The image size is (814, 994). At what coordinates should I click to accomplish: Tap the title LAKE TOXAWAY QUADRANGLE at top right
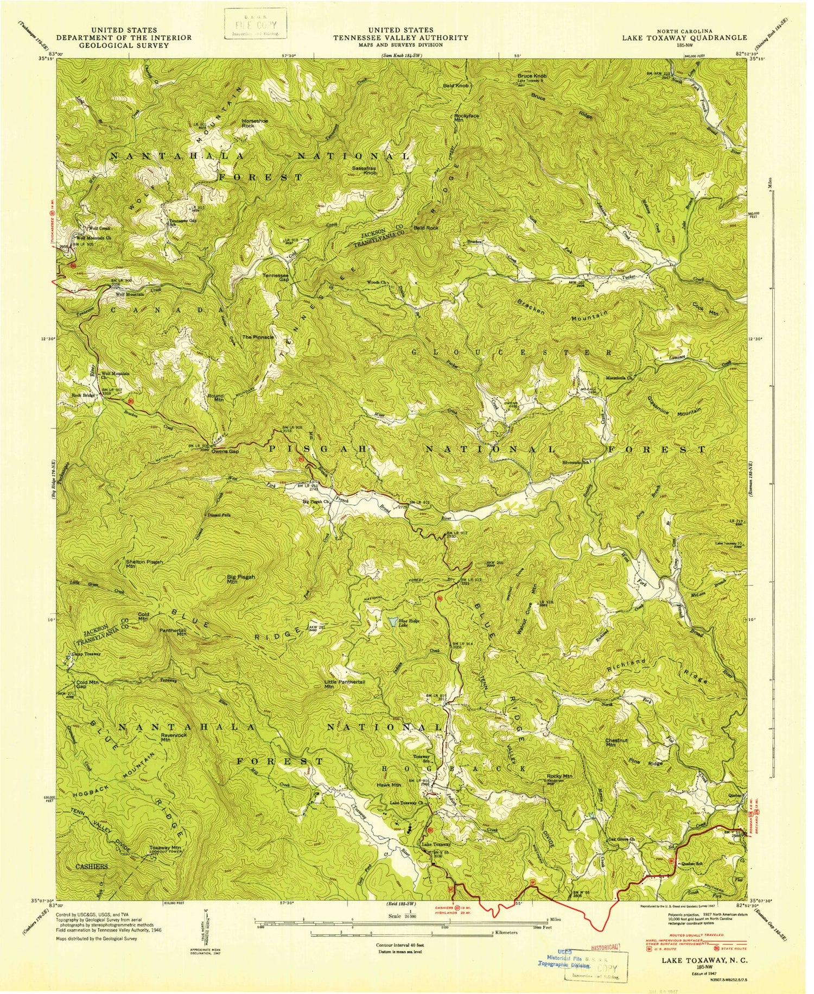pyautogui.click(x=684, y=37)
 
